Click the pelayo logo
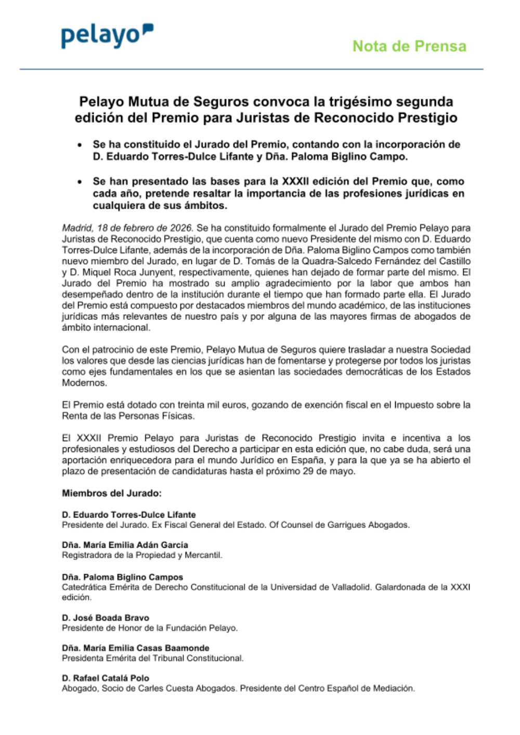pyautogui.click(x=107, y=36)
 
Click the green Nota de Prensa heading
pyautogui.click(x=409, y=46)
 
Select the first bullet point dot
pyautogui.click(x=80, y=145)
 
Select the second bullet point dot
pyautogui.click(x=80, y=182)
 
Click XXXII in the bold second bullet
pyautogui.click(x=295, y=182)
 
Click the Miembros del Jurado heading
pyautogui.click(x=112, y=493)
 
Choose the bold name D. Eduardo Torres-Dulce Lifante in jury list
pyautogui.click(x=128, y=514)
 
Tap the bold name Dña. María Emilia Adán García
pyautogui.click(x=125, y=545)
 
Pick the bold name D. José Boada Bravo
pyautogui.click(x=106, y=617)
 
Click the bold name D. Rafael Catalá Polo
pyautogui.click(x=106, y=678)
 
